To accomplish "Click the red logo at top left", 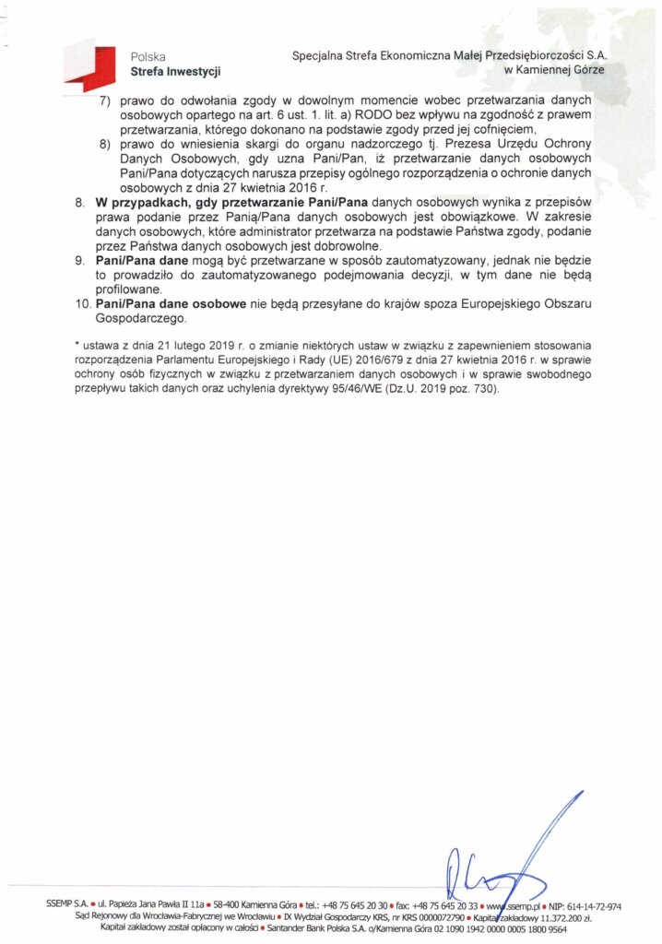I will (x=90, y=64).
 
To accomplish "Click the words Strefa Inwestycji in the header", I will (x=176, y=71).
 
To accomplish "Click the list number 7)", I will (x=105, y=100).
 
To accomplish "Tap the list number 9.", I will (x=80, y=262).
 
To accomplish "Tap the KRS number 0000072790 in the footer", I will (x=433, y=918).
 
